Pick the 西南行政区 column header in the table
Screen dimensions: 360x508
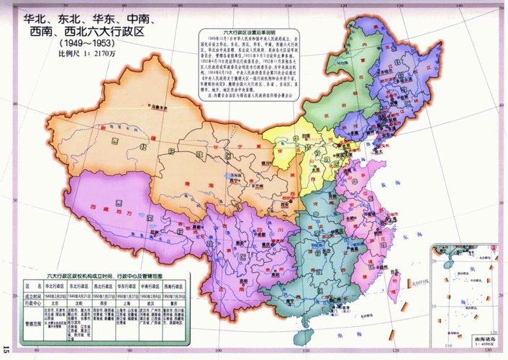click(x=171, y=286)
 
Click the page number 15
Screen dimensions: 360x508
click(x=6, y=349)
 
